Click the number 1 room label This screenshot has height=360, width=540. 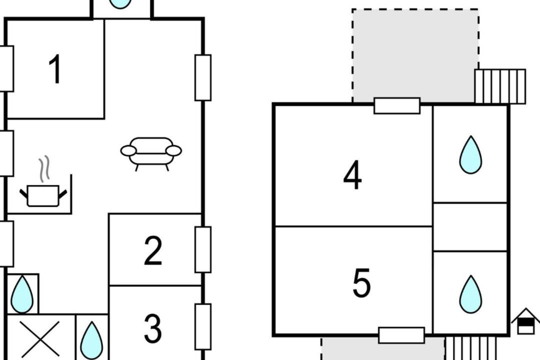pyautogui.click(x=55, y=69)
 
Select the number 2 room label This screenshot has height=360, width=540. pyautogui.click(x=153, y=250)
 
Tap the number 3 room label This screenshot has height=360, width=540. pyautogui.click(x=153, y=328)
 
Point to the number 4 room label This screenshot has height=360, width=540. pyautogui.click(x=352, y=174)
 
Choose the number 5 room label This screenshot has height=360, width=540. pyautogui.click(x=361, y=283)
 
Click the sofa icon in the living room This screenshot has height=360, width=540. pyautogui.click(x=151, y=154)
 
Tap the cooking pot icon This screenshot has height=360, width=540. pyautogui.click(x=43, y=195)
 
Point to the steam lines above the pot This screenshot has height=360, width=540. pyautogui.click(x=44, y=168)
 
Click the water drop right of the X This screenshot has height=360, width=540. pyautogui.click(x=91, y=340)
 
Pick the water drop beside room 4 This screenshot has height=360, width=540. pyautogui.click(x=470, y=154)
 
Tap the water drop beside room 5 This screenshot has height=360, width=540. pyautogui.click(x=470, y=294)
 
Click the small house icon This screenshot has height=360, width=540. pyautogui.click(x=525, y=321)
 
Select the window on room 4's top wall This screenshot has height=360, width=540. pyautogui.click(x=397, y=106)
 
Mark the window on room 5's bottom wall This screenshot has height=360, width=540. pyautogui.click(x=401, y=335)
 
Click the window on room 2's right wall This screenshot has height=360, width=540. pyautogui.click(x=203, y=250)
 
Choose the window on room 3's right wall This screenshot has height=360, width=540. pyautogui.click(x=203, y=327)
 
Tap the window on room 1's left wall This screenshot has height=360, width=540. pyautogui.click(x=6, y=69)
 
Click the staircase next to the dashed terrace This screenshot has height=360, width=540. pyautogui.click(x=500, y=86)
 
